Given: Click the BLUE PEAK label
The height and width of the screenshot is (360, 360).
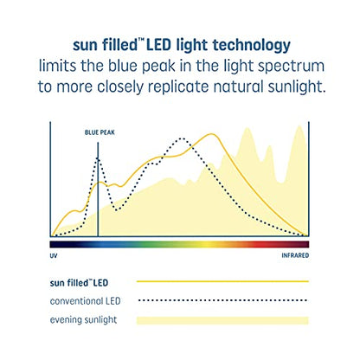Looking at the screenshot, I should pyautogui.click(x=98, y=133).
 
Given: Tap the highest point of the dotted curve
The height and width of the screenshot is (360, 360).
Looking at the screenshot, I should pyautogui.click(x=181, y=138).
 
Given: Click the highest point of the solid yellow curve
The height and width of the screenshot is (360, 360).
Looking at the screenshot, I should pyautogui.click(x=211, y=134).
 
